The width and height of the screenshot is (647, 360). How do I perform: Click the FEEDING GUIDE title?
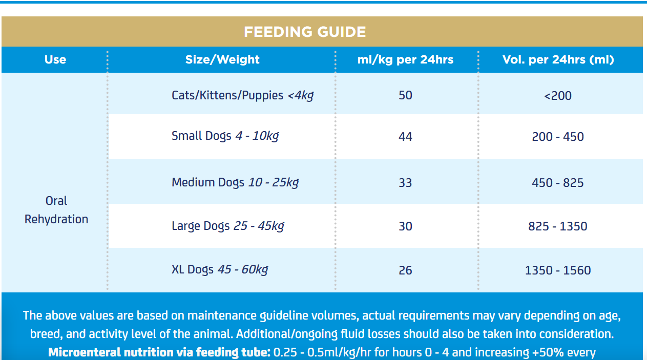point(305,32)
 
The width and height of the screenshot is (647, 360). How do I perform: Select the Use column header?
point(55,59)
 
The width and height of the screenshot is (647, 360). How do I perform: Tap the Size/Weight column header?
point(222,59)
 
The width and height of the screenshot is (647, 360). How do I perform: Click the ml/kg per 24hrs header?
point(405,59)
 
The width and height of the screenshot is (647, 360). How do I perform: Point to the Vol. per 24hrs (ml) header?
point(558,59)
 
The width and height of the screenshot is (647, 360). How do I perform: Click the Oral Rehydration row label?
point(56,210)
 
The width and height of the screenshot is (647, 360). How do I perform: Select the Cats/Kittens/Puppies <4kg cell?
point(243,95)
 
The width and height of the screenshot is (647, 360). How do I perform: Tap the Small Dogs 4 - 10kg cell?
point(225,136)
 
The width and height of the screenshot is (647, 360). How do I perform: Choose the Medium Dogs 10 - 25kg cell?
point(235,182)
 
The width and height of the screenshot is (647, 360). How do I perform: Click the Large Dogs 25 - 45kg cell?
point(228,226)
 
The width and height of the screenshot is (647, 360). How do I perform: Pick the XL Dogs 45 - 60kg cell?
point(220,270)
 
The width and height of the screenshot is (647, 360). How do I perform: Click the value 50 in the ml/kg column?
point(405,95)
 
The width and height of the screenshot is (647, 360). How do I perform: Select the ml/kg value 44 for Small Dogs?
point(405,137)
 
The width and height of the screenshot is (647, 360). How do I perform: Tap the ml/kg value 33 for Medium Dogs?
point(405,183)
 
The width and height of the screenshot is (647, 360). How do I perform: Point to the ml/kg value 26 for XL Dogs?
point(405,270)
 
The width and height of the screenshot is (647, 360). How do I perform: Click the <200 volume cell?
point(558,96)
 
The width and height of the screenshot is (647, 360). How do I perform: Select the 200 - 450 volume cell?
point(558,137)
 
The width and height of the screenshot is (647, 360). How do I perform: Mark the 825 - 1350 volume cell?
point(558,226)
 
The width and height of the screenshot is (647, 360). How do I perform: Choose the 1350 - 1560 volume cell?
point(558,270)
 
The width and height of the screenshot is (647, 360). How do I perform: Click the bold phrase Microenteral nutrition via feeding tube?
point(159,352)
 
